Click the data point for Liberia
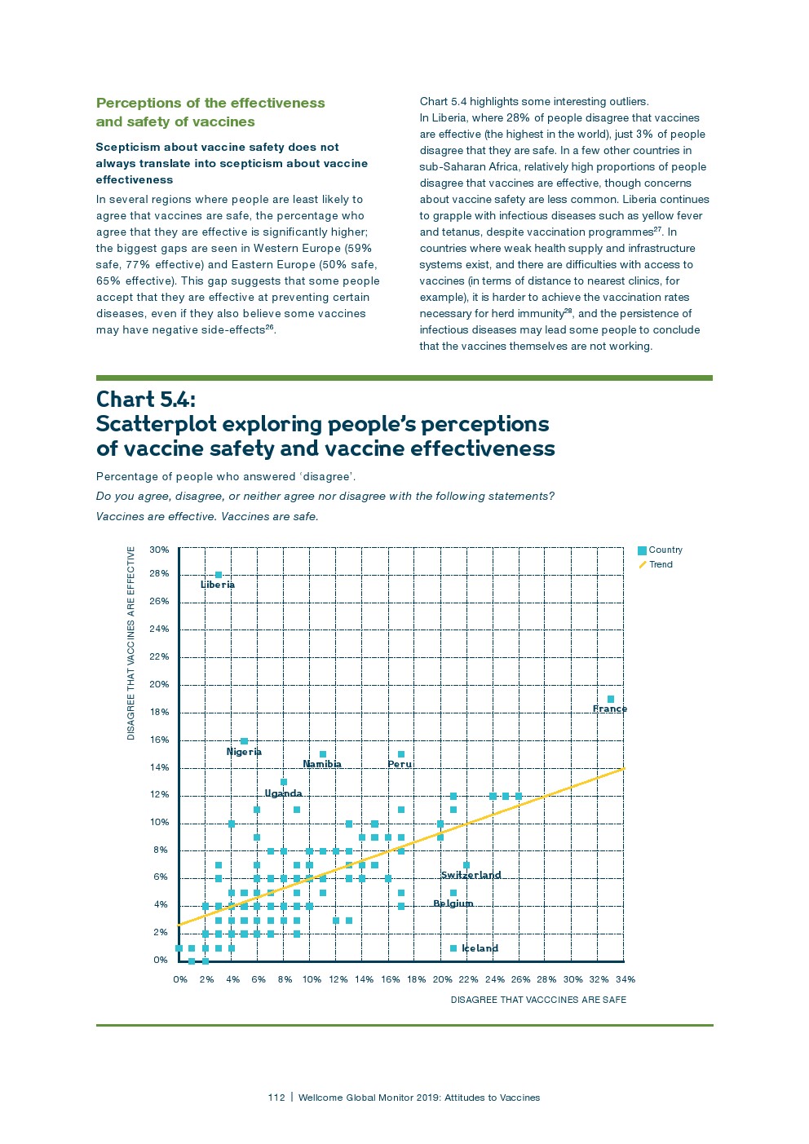[218, 575]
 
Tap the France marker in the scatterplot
[611, 699]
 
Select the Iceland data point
[453, 948]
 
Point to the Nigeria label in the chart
[244, 752]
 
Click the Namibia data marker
[323, 754]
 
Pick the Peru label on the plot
[400, 764]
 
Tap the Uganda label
[283, 793]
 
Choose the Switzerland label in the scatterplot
[471, 875]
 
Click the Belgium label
[453, 903]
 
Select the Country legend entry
[665, 550]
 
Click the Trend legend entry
[661, 564]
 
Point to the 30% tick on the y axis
[159, 550]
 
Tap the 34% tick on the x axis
[625, 979]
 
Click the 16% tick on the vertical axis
[159, 740]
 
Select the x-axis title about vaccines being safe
[538, 1000]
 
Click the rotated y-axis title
[130, 643]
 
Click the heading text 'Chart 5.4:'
[146, 400]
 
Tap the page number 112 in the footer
[276, 1098]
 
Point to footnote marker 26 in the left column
[270, 328]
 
